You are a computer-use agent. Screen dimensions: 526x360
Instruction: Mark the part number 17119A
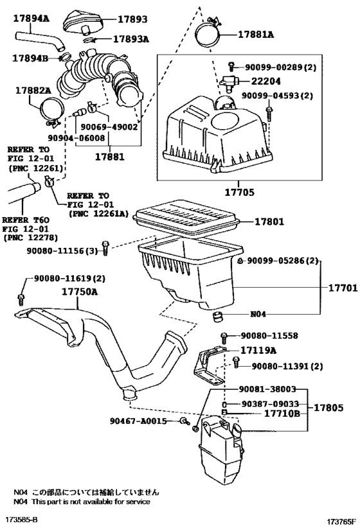coord(259,351)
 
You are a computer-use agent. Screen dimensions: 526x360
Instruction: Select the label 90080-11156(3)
coord(69,251)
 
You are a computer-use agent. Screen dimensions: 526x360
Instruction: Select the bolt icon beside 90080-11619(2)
coord(22,297)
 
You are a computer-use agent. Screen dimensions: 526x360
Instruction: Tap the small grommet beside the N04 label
coord(219,315)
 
